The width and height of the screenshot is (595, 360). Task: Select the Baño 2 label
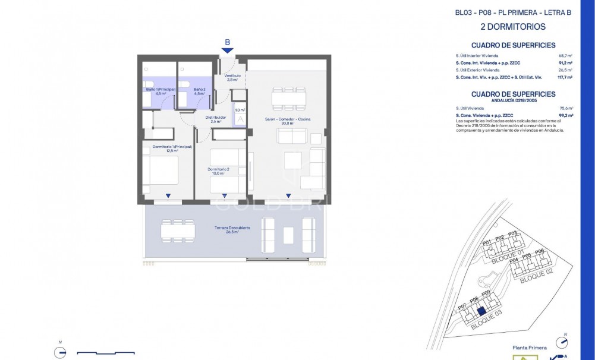[x=199, y=91]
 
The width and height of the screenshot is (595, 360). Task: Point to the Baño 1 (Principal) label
[x=160, y=91]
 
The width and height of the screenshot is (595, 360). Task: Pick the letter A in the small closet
[x=240, y=119]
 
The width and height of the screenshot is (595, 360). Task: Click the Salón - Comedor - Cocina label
[x=288, y=121]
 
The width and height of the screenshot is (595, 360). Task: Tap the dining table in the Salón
[x=288, y=97]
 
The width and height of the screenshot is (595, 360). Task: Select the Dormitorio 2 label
[x=218, y=171]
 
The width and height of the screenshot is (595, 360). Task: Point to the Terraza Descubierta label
[x=232, y=230]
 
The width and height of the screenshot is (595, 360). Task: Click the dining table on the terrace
[x=177, y=229]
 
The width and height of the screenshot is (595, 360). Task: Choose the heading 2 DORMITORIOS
[x=512, y=27]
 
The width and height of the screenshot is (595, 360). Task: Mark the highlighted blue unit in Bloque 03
[x=482, y=310]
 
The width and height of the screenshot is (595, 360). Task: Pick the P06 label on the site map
[x=539, y=251]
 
